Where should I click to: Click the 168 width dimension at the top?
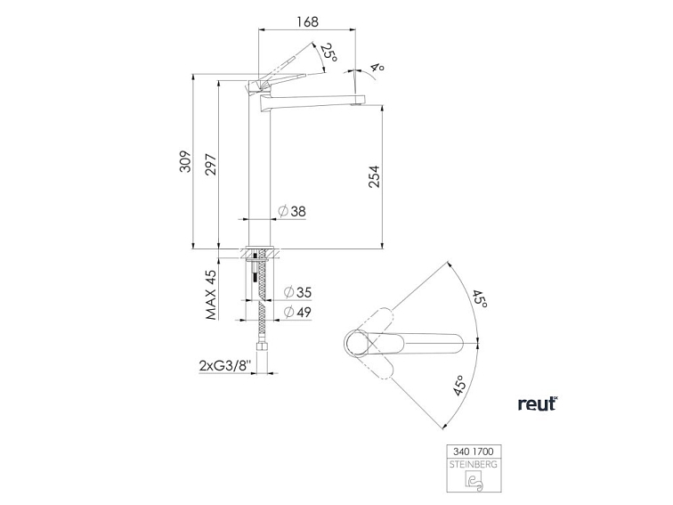tap(307, 21)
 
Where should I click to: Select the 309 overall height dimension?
tap(185, 161)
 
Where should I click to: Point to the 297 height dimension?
tap(211, 164)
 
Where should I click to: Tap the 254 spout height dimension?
tap(374, 176)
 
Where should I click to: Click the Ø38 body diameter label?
tap(292, 211)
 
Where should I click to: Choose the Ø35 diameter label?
tap(297, 292)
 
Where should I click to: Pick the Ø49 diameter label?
tap(297, 313)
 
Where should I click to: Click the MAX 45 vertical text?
tap(211, 295)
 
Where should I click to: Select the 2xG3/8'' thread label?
tap(225, 366)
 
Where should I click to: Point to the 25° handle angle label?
tap(328, 51)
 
